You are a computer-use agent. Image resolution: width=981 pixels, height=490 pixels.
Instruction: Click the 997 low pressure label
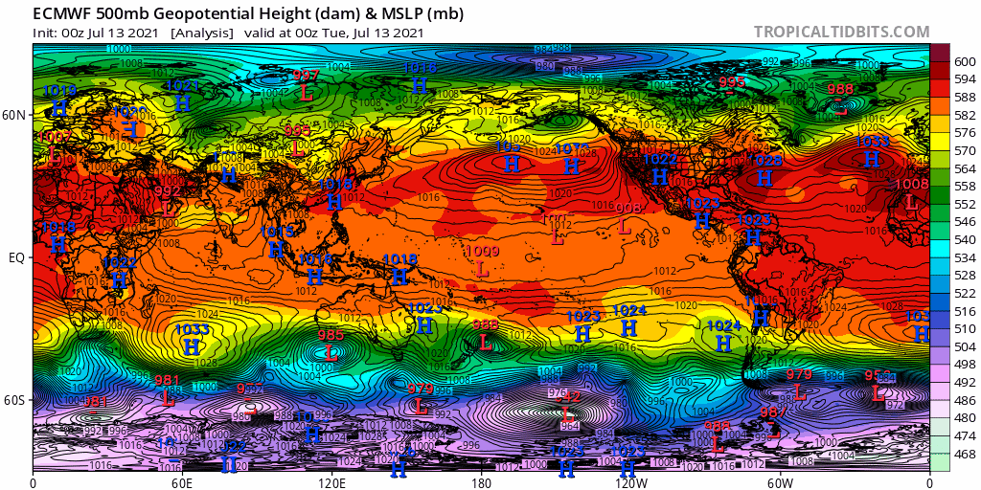[x=307, y=76]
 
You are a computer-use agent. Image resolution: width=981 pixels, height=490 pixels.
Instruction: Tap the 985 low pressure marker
[x=331, y=336]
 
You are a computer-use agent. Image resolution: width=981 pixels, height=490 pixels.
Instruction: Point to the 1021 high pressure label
[x=182, y=85]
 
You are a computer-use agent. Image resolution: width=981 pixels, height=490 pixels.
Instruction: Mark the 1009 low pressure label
[x=482, y=252]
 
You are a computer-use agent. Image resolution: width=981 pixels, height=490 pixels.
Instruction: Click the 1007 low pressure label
[x=50, y=138]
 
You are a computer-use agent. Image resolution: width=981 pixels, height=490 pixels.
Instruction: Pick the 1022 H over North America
[x=659, y=160]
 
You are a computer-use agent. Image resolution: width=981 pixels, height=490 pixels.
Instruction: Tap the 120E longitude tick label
[x=332, y=481]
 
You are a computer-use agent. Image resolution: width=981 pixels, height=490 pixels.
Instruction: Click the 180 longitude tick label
[x=482, y=481]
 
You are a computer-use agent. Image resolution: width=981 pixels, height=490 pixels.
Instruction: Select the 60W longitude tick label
[x=781, y=481]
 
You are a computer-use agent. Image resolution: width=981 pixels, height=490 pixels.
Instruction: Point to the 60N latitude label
[x=15, y=115]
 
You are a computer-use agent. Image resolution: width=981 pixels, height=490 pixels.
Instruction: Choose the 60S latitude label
[x=15, y=400]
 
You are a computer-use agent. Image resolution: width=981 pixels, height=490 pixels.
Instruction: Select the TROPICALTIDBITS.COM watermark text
[x=841, y=32]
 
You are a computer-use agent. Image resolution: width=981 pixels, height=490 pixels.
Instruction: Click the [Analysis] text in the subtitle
[x=201, y=32]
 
